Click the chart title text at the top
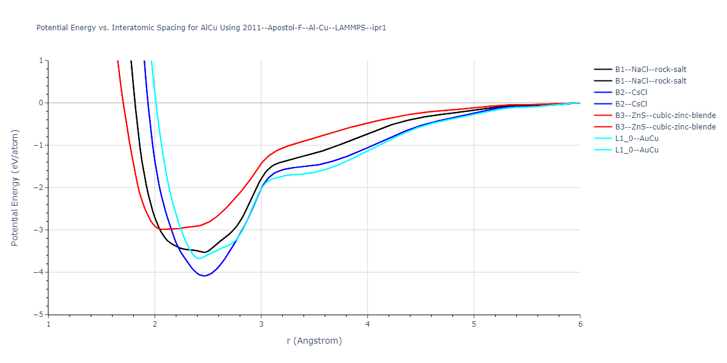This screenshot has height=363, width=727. click(x=211, y=28)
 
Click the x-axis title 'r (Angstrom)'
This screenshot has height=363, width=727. click(x=314, y=341)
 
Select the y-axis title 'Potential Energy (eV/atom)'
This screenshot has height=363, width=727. click(x=15, y=188)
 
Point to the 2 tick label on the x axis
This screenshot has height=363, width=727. click(x=154, y=324)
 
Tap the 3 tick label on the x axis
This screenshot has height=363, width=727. click(x=261, y=324)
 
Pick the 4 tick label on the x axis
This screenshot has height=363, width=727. click(x=367, y=324)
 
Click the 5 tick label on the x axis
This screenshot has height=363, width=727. click(x=474, y=324)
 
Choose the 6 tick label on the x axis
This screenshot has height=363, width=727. click(x=580, y=324)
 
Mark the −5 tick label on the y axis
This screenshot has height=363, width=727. click(x=39, y=315)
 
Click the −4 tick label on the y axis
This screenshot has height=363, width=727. click(x=39, y=272)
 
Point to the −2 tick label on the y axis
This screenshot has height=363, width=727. click(x=39, y=188)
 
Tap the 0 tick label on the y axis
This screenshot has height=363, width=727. click(x=42, y=103)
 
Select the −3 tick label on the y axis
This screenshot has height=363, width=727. click(x=39, y=230)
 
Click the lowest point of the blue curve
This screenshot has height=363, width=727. click(x=205, y=276)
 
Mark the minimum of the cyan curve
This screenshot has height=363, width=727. click(x=199, y=258)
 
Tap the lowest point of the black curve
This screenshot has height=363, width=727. click(x=205, y=252)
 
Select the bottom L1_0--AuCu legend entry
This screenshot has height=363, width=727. click(x=637, y=150)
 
